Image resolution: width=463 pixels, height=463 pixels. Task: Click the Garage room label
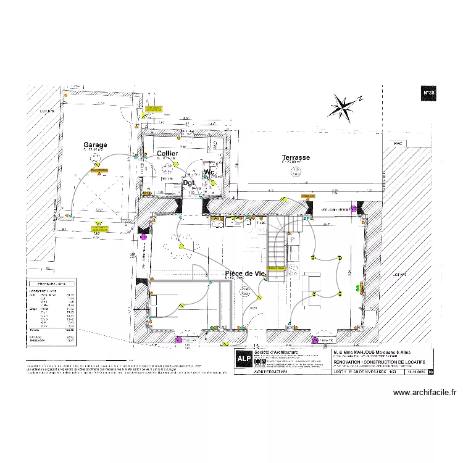(95, 145)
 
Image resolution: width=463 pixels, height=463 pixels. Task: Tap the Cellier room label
(167, 153)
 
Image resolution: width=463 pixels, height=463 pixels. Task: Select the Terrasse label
(296, 157)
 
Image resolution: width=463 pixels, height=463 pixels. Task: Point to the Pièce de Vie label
(244, 273)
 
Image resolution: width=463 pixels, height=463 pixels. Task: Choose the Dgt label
(189, 183)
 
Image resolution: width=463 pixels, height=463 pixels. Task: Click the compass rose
(344, 106)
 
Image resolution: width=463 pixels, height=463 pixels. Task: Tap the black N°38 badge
(428, 93)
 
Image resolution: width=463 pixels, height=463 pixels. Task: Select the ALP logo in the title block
(244, 361)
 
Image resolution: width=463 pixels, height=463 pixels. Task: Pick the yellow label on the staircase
(276, 269)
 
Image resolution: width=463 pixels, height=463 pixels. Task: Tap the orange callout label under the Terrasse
(307, 196)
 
